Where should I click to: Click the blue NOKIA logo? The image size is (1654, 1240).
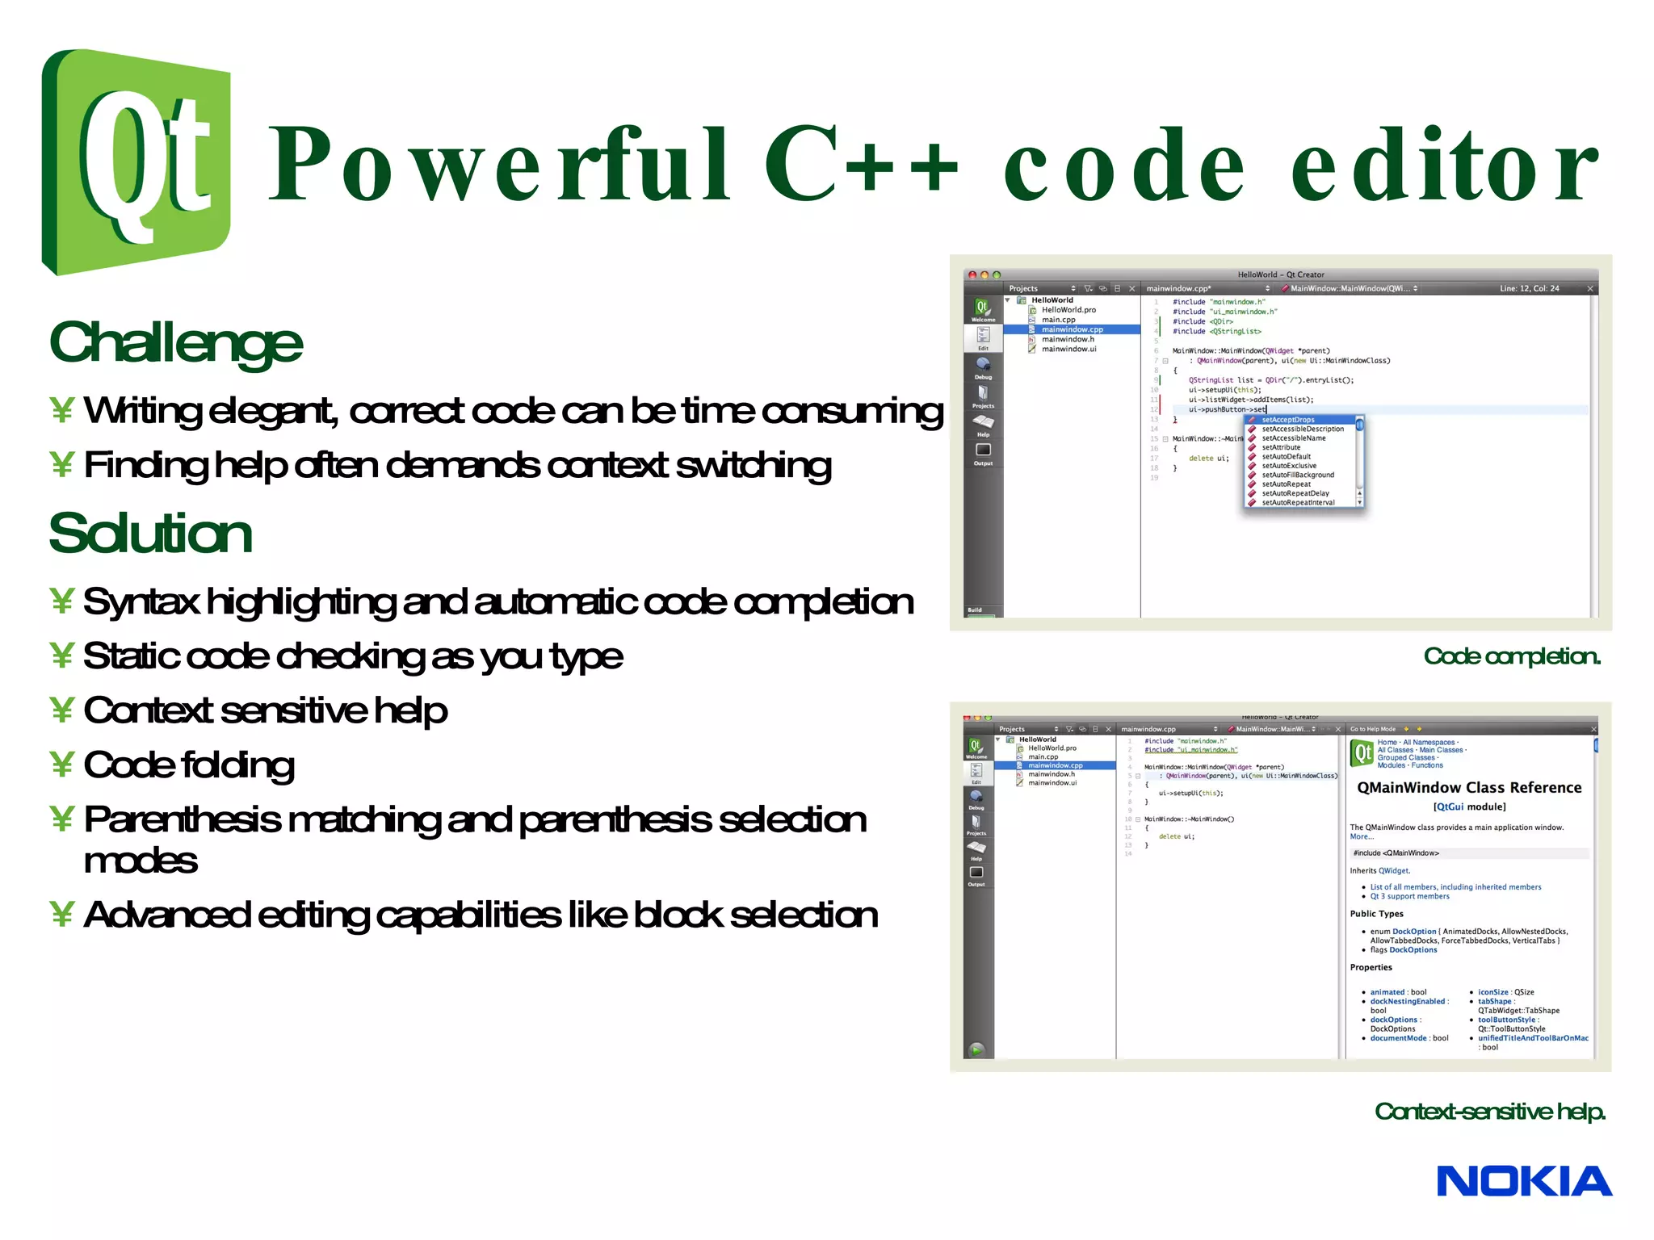[x=1523, y=1182]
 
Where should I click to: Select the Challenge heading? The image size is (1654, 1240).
[x=176, y=343]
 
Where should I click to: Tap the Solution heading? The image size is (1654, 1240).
[x=151, y=534]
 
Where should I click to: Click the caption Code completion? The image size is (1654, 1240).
[x=1511, y=656]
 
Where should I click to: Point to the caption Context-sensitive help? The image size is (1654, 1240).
[x=1489, y=1112]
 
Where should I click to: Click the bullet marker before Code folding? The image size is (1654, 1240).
[x=61, y=765]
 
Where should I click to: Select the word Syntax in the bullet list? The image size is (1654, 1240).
[x=141, y=602]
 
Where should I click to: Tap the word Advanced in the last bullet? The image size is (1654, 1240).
[x=167, y=915]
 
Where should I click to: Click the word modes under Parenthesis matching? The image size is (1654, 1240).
[x=141, y=861]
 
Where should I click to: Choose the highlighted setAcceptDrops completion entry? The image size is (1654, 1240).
[x=1288, y=420]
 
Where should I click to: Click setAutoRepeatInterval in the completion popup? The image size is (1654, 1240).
[x=1298, y=503]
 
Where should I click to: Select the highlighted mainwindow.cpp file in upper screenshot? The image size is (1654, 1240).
[x=1072, y=329]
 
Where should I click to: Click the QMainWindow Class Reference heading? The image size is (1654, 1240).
[x=1469, y=788]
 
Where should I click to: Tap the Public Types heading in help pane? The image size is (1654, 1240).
[x=1376, y=914]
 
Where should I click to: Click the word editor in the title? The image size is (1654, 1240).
[x=1445, y=165]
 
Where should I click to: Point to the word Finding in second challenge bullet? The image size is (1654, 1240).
[x=145, y=466]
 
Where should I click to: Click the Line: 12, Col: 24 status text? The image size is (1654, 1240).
[x=1529, y=288]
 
